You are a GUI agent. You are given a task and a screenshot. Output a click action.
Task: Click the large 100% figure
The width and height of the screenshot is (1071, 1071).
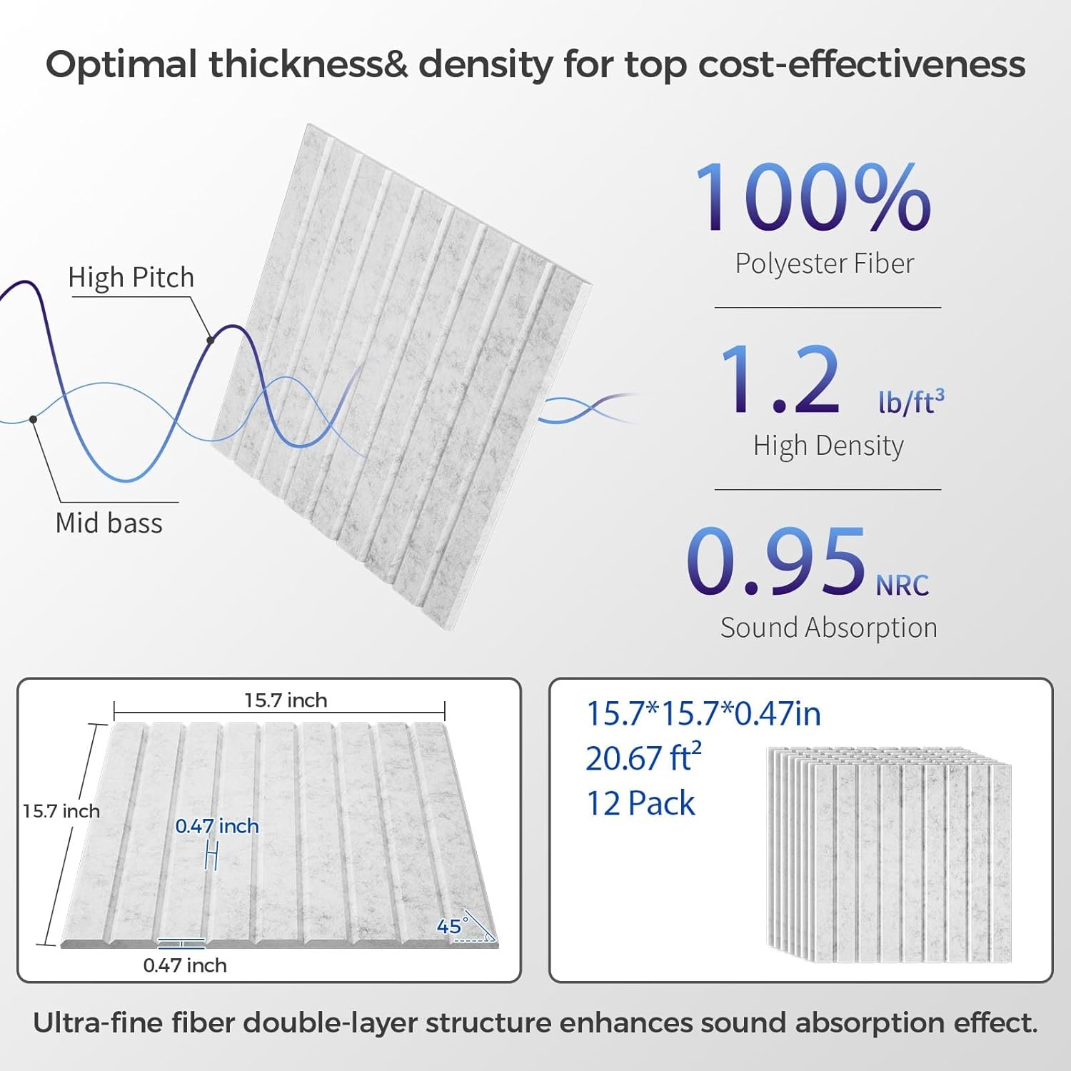(x=813, y=196)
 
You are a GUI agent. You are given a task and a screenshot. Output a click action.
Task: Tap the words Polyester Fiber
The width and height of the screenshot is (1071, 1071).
(x=825, y=263)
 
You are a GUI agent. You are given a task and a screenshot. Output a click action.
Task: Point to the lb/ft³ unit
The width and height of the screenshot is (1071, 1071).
(x=911, y=401)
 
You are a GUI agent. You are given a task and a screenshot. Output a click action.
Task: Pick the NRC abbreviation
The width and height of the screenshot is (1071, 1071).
(x=902, y=585)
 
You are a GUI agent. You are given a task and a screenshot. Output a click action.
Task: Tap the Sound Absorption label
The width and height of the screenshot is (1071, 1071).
(x=828, y=628)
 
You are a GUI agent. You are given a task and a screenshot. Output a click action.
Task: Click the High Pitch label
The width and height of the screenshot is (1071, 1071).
(x=131, y=277)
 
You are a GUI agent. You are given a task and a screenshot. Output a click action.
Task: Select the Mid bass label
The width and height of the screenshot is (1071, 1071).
(x=109, y=523)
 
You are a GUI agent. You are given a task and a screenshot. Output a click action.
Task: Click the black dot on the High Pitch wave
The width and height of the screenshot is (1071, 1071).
(x=211, y=341)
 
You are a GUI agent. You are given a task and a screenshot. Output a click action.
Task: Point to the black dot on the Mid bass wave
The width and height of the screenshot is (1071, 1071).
(x=34, y=419)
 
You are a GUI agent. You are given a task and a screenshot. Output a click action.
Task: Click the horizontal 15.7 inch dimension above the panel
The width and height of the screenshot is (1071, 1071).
(x=286, y=700)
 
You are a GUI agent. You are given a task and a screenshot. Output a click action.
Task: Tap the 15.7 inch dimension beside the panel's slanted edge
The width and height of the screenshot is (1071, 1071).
(x=61, y=811)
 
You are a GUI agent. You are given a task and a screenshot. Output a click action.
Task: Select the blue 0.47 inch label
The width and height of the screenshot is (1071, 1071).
(x=217, y=826)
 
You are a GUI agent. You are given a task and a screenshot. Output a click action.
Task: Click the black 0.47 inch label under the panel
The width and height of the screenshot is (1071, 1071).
(x=185, y=965)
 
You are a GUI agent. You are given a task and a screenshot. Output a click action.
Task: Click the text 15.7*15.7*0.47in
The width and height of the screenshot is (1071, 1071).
(x=703, y=714)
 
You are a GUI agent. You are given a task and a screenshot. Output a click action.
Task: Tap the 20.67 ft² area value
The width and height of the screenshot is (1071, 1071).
(x=643, y=758)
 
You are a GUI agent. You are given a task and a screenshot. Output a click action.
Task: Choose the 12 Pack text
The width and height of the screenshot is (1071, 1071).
(x=640, y=803)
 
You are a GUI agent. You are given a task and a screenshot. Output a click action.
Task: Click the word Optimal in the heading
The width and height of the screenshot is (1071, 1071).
(x=121, y=64)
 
